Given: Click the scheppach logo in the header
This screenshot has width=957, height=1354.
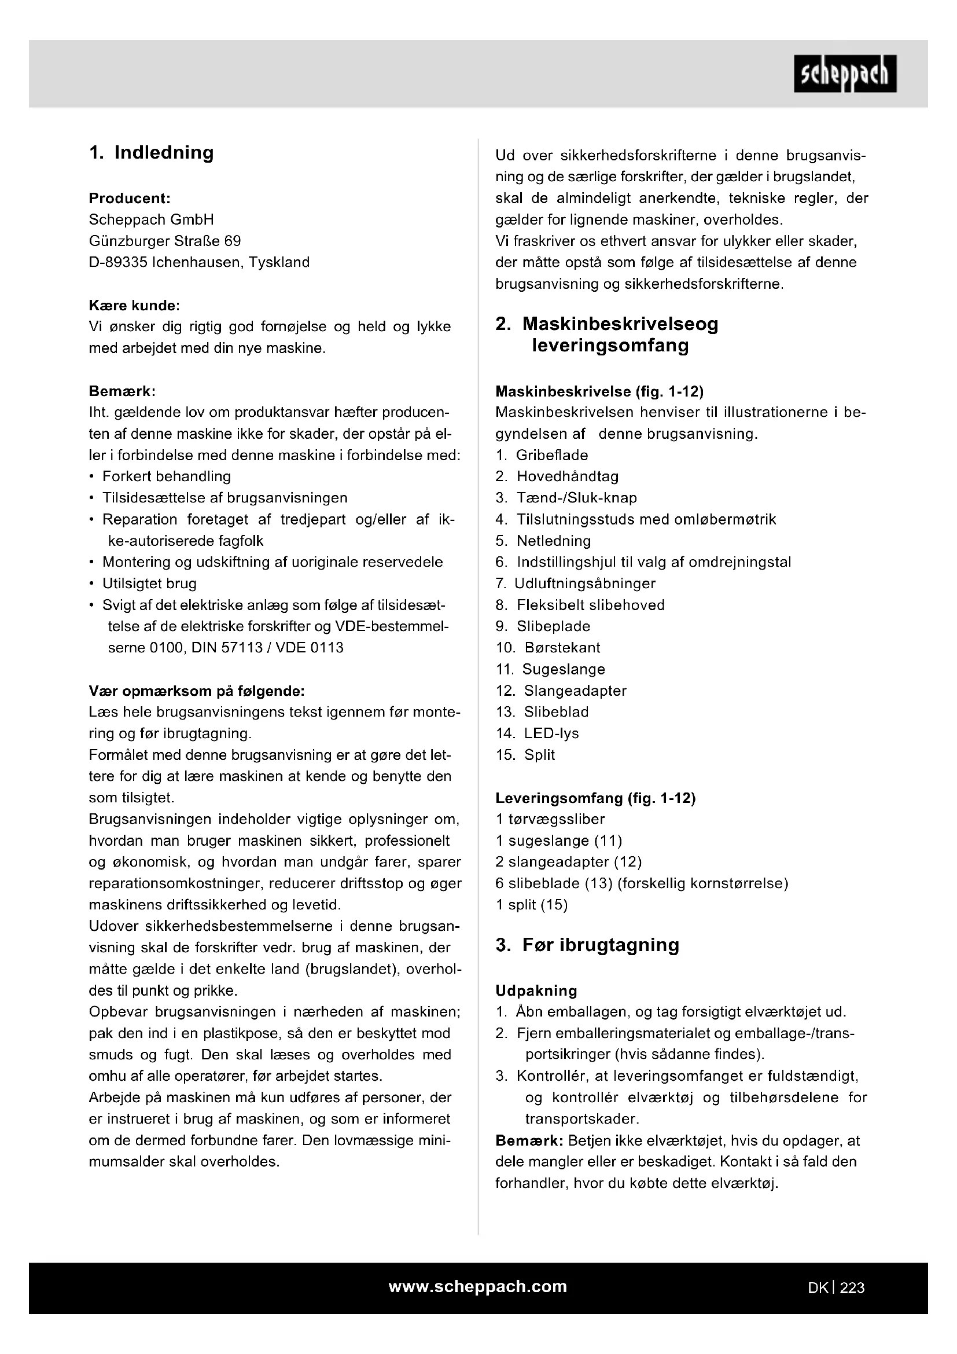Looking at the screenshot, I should point(844,74).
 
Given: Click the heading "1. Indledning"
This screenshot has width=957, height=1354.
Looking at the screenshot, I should point(152,153).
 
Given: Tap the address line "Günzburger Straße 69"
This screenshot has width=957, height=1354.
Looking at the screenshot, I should point(165,241).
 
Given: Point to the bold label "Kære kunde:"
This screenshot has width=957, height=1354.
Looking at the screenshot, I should point(134,306).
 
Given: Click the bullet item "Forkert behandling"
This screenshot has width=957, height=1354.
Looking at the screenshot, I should point(167,476).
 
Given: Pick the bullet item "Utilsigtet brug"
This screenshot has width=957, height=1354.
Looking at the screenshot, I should point(150,584).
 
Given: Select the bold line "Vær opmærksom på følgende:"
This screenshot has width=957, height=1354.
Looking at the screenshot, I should point(197,691).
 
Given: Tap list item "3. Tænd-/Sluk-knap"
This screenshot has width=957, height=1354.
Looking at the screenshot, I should point(567,498).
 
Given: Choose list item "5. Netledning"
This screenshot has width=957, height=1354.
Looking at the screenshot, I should point(543,541).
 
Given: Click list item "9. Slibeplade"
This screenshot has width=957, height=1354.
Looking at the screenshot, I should point(543,627).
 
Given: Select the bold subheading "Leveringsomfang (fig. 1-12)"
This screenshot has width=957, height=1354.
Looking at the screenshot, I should point(595,798).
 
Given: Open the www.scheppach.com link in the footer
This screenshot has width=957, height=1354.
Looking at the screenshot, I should point(478,1287).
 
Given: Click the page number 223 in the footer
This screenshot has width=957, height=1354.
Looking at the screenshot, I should point(852,1288).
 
